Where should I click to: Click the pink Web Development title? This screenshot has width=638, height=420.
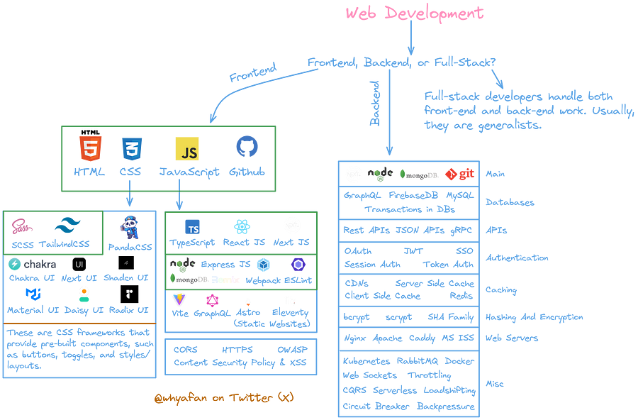(414, 13)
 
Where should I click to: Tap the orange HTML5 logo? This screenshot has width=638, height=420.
(89, 149)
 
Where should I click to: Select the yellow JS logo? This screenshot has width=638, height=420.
(187, 149)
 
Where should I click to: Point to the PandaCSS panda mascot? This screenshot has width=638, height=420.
(129, 227)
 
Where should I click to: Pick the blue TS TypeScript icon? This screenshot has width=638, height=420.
(191, 227)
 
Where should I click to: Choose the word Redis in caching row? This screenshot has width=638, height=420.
(461, 296)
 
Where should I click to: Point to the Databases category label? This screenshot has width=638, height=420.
(510, 203)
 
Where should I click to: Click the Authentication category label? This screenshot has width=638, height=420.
(516, 258)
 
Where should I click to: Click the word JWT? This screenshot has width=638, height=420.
(413, 251)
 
